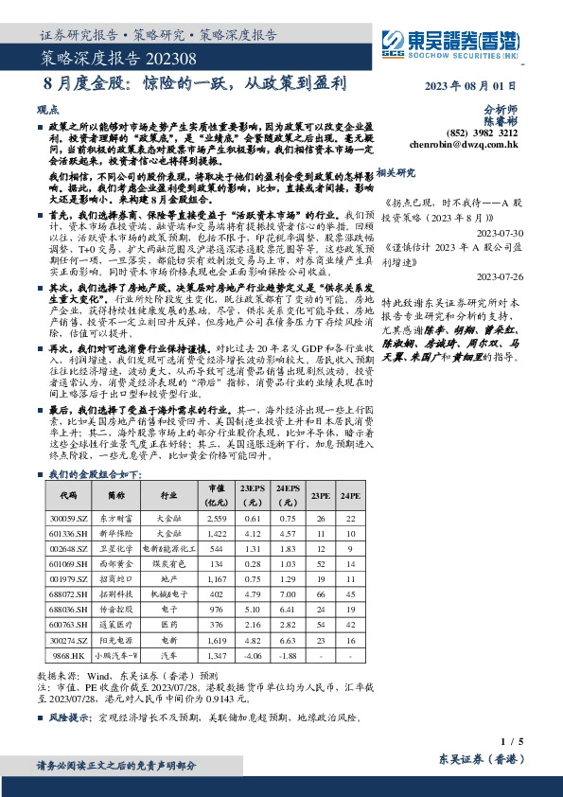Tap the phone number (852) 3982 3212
[486, 134]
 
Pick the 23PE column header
[320, 496]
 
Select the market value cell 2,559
[217, 520]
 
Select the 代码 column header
[67, 496]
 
